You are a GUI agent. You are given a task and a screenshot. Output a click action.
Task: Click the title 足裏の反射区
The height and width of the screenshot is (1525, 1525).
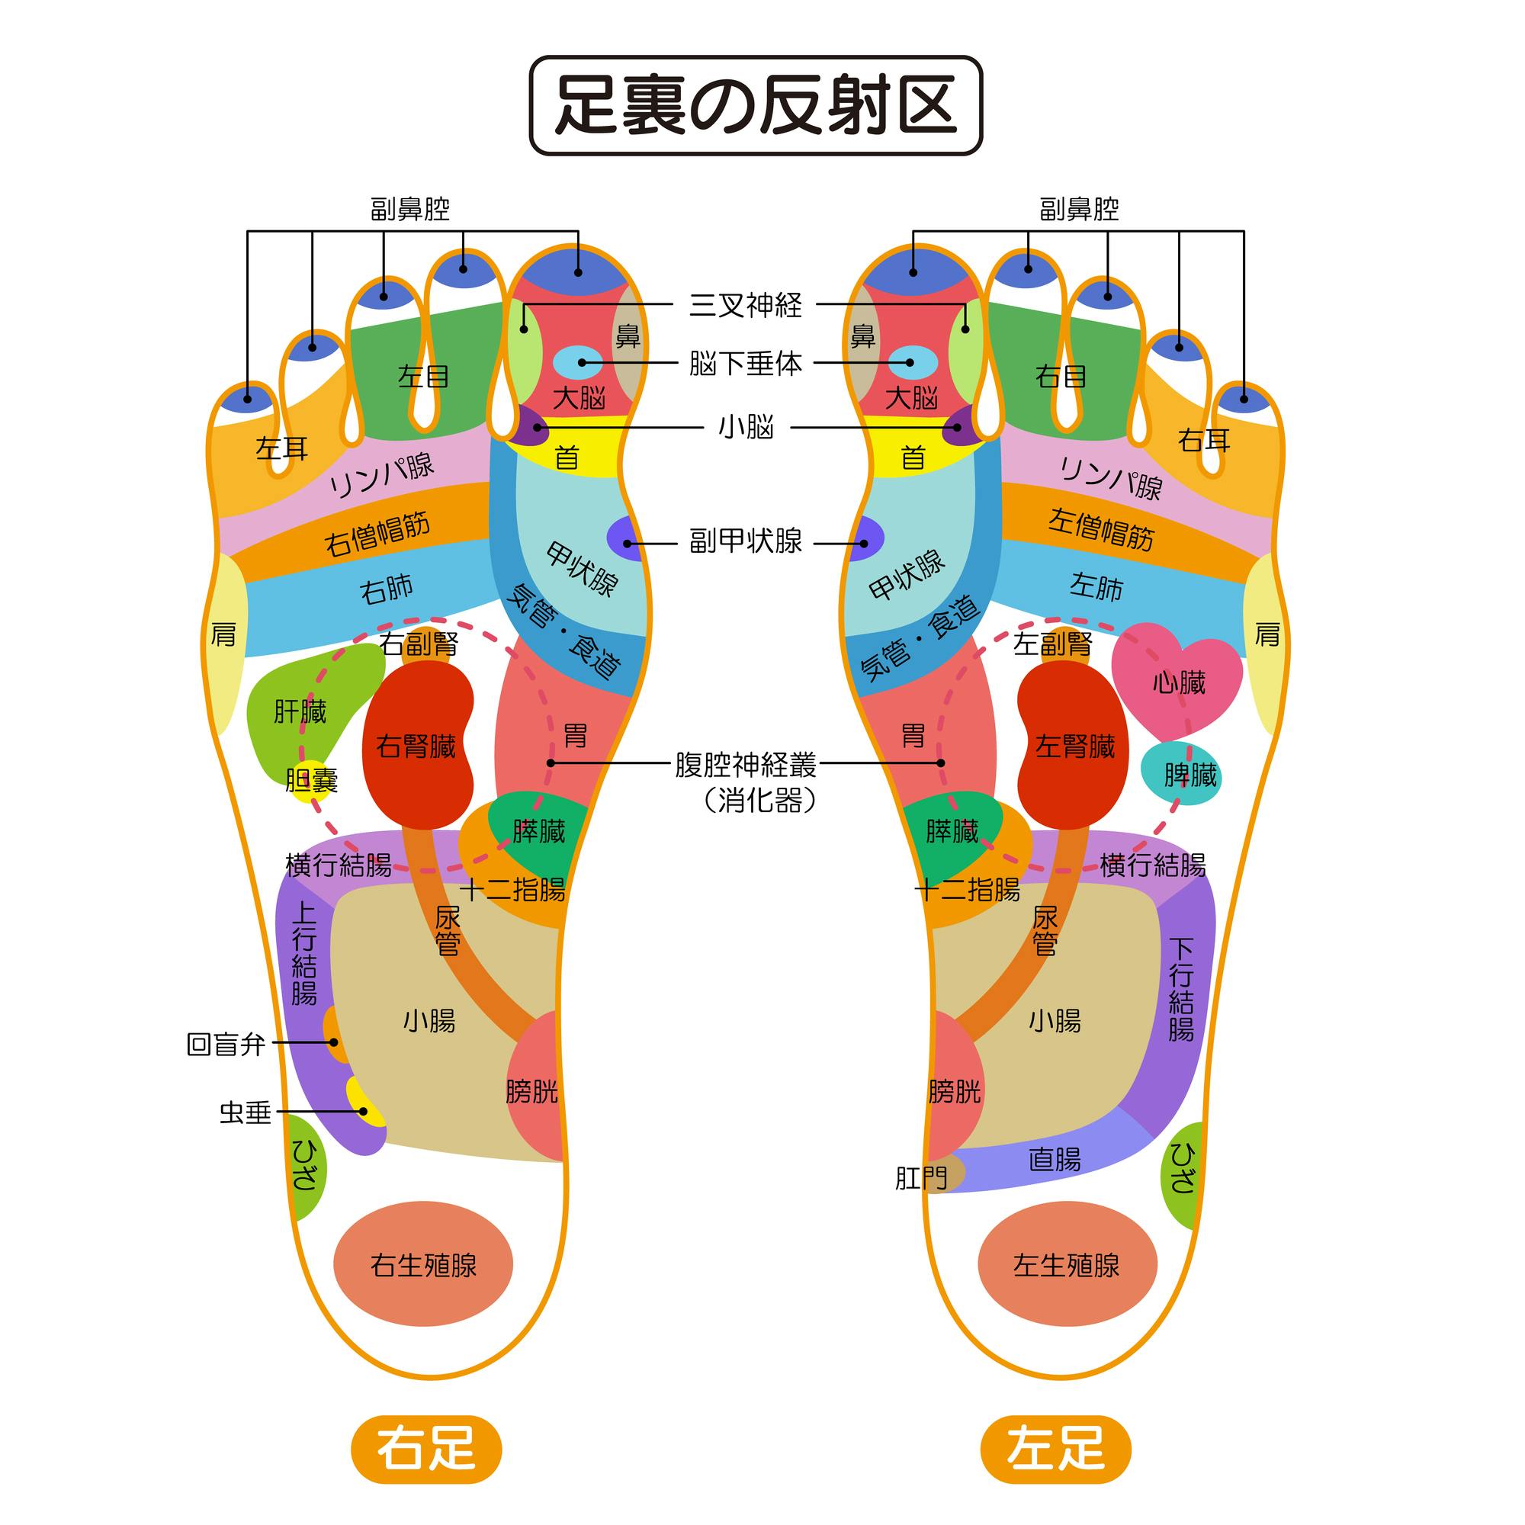(756, 105)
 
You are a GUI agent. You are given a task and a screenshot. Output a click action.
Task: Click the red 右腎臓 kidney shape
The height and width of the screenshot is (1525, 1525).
(418, 744)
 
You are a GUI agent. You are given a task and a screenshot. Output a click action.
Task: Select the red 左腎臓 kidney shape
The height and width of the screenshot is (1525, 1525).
(1073, 744)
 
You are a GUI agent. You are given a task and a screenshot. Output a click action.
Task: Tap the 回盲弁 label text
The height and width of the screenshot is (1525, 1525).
(226, 1045)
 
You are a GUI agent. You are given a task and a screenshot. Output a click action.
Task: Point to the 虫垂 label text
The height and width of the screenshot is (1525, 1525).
(246, 1113)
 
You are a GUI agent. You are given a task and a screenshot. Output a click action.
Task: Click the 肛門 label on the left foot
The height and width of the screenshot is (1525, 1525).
(921, 1179)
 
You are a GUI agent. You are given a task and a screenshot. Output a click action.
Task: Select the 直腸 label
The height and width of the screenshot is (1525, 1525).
(1055, 1160)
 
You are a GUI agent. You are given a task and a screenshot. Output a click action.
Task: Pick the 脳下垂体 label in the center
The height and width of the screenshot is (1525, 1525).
(746, 363)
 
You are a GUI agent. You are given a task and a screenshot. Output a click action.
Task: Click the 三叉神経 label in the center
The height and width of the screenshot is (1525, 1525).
(746, 305)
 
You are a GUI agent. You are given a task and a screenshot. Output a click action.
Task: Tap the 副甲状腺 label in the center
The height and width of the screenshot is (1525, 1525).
(746, 541)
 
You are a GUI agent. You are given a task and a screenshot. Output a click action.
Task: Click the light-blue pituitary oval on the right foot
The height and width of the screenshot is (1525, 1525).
(578, 362)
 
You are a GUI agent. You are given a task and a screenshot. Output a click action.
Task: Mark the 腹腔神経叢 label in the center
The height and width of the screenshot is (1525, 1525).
(746, 764)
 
